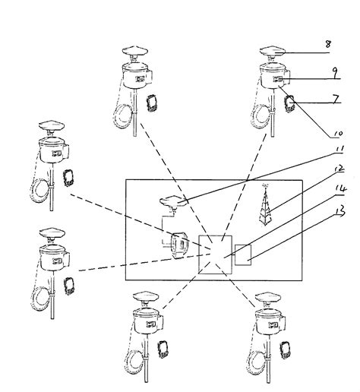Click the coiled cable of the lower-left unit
39,295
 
